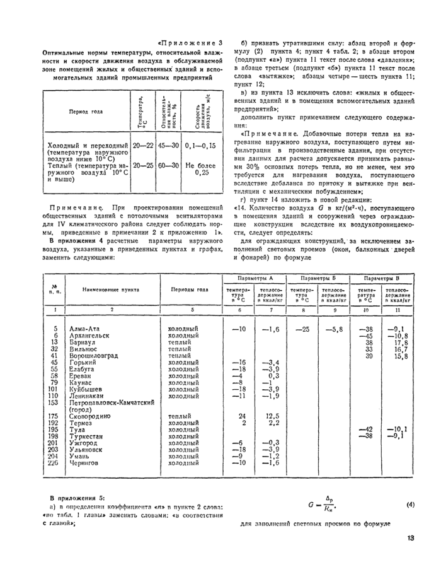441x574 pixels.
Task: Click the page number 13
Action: coord(410,538)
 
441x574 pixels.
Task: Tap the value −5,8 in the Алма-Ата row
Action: coord(333,329)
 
